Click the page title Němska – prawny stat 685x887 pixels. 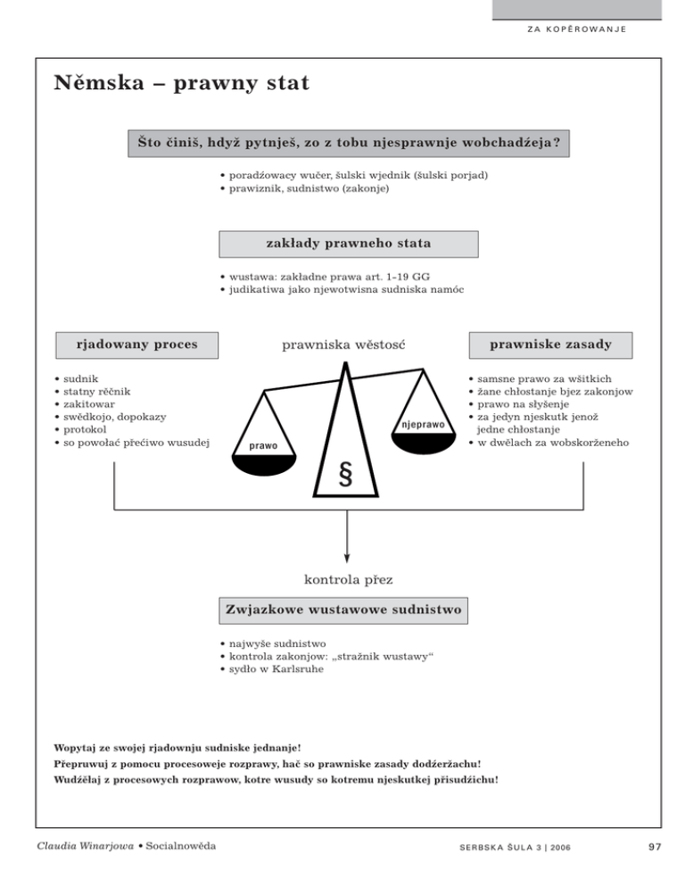click(x=181, y=84)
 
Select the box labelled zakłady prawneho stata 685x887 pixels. click(x=348, y=244)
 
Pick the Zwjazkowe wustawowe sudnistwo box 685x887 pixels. click(x=343, y=610)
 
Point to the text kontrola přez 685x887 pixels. click(x=342, y=581)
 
